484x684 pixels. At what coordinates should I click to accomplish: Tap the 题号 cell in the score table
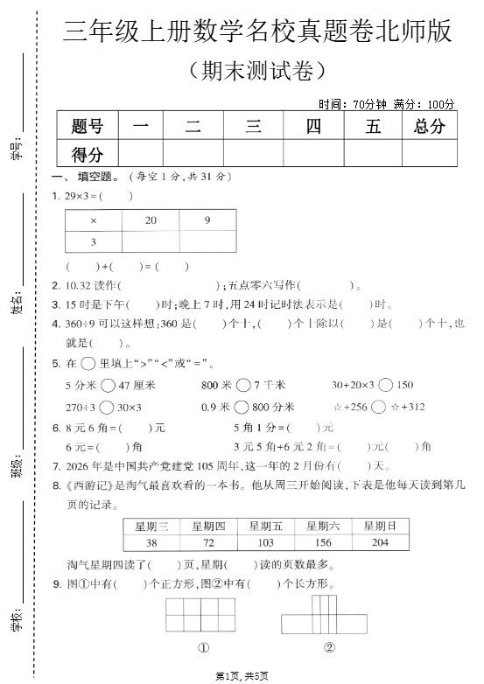pos(88,126)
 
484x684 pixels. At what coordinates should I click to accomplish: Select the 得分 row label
pos(88,155)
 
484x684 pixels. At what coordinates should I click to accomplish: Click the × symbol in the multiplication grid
pos(93,221)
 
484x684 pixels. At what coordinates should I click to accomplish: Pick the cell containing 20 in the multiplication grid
pos(151,221)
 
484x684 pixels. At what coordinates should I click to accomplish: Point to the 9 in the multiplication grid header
pos(207,221)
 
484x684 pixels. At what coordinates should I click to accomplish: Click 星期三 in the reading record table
pos(151,526)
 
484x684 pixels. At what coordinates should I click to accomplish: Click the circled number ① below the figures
pos(202,648)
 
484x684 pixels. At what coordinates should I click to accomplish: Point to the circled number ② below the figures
pos(329,648)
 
